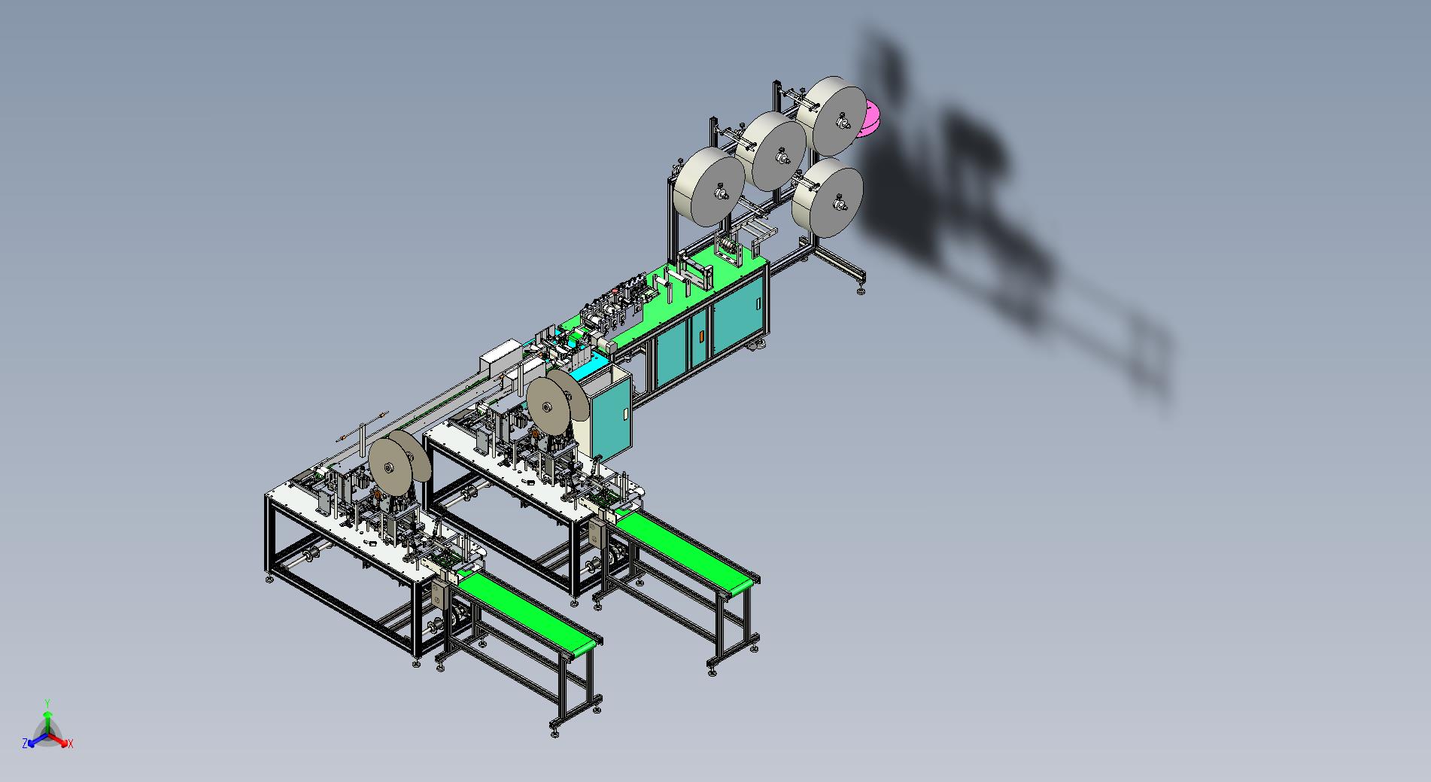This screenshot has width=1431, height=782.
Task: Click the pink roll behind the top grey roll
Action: click(871, 119)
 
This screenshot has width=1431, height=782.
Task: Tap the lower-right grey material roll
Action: click(827, 197)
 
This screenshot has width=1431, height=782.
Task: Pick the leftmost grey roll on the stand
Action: click(709, 187)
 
